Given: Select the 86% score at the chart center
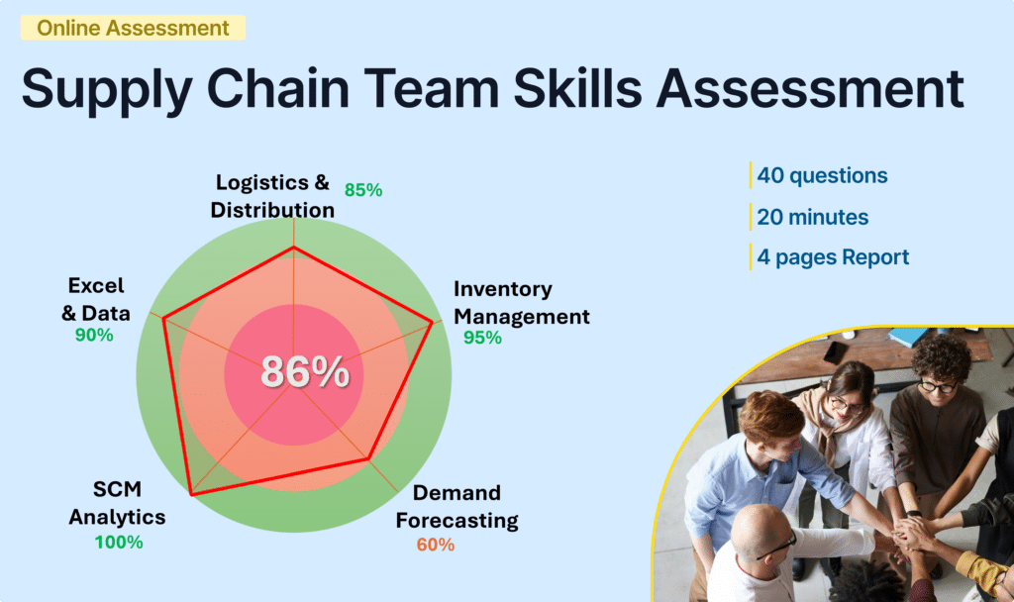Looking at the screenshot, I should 304,372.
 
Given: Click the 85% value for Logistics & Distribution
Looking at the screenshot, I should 363,190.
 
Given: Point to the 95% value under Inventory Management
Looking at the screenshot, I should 482,338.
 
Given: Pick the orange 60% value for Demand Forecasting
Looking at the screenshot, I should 435,545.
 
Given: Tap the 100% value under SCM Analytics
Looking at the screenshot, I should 119,542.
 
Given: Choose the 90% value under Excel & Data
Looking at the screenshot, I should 94,336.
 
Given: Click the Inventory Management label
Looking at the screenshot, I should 521,303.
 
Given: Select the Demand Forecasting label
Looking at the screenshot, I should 464,506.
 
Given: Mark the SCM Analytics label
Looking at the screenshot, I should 117,504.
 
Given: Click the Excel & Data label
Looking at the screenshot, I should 96,299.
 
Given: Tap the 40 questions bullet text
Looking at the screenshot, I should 822,176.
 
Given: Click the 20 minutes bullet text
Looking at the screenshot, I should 812,217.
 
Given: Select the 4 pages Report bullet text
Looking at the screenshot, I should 833,257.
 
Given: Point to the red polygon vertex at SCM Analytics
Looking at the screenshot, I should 190,493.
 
